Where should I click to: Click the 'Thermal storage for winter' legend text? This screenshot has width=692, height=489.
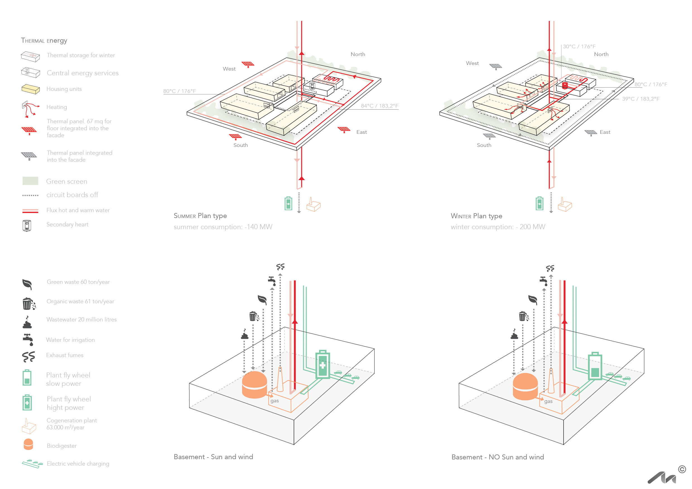tap(81, 55)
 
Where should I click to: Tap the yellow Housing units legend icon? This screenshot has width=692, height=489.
tap(30, 89)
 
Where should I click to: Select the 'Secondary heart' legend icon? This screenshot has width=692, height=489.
tap(27, 225)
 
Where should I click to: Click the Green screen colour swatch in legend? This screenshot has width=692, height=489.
tap(30, 181)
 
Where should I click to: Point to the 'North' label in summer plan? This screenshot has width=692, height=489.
tap(358, 54)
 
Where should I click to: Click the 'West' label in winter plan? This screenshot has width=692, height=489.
tap(472, 63)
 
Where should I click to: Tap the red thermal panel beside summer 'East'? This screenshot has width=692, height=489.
tap(344, 130)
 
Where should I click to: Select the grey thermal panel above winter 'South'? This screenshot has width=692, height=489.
tap(489, 136)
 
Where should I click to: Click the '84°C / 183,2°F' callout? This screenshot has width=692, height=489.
tap(379, 106)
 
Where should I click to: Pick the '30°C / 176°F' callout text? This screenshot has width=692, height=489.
tap(579, 46)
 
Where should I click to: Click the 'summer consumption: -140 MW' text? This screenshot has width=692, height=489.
tap(223, 227)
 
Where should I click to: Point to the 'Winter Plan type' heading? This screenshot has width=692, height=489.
tap(476, 216)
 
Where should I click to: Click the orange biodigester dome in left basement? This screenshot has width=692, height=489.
tap(254, 385)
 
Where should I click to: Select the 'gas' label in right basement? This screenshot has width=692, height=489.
tap(548, 401)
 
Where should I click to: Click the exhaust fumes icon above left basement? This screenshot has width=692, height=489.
tap(280, 267)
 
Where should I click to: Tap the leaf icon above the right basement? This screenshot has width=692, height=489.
tap(533, 300)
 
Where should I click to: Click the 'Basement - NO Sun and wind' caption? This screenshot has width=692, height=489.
tap(498, 457)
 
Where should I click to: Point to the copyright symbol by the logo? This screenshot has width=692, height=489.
tap(682, 469)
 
